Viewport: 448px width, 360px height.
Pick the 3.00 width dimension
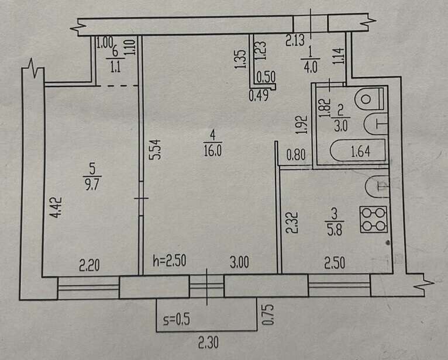(x=239, y=263)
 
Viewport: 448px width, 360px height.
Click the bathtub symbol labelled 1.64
(x=359, y=153)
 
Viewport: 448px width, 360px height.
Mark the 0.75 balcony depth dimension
(x=269, y=315)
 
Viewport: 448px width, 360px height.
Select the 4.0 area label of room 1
(x=309, y=66)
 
